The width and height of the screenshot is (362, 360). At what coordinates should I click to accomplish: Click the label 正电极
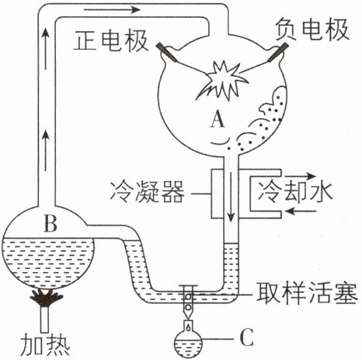(x=111, y=41)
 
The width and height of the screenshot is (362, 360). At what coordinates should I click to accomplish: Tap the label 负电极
(x=312, y=30)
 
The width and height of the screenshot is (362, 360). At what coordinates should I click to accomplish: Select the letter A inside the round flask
(x=217, y=119)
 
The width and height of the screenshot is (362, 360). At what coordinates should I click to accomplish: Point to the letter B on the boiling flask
(x=50, y=223)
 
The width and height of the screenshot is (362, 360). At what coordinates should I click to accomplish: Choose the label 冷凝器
(x=148, y=192)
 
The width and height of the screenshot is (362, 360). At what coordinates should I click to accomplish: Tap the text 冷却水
(x=295, y=192)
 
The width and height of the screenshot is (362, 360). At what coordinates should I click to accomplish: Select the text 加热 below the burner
(x=45, y=346)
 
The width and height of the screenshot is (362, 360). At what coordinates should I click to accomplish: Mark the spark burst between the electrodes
(x=223, y=80)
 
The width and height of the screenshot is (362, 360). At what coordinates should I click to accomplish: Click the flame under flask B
(x=46, y=298)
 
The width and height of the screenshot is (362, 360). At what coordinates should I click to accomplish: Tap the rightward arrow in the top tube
(x=112, y=10)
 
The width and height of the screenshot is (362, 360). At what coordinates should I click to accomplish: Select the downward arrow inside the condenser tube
(x=231, y=197)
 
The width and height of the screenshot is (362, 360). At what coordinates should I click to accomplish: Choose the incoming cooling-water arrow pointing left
(x=301, y=211)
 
